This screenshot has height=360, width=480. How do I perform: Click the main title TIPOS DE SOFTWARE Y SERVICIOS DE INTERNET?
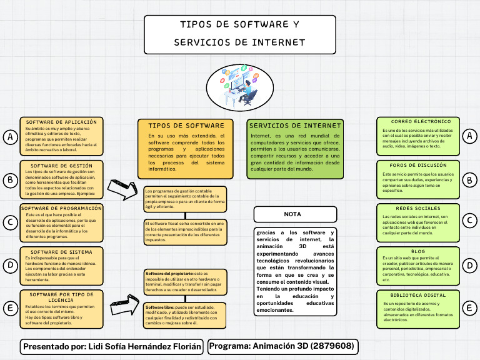[239, 34]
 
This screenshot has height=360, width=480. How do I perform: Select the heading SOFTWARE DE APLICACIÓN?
[61, 122]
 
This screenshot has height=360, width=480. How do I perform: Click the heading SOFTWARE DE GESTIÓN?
[61, 166]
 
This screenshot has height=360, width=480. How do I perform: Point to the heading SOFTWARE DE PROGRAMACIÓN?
[61, 208]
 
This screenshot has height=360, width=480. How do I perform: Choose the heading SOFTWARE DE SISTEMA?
[61, 252]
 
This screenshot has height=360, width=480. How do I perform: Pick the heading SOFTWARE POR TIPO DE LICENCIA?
[61, 297]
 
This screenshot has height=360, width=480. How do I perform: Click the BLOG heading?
[418, 251]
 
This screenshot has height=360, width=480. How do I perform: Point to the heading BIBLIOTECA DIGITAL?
[418, 294]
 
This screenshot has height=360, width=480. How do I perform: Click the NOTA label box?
[292, 214]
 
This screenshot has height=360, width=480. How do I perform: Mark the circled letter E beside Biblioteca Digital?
[469, 307]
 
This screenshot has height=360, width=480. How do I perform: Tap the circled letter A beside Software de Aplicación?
[10, 137]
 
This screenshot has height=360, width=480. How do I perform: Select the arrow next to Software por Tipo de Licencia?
[124, 307]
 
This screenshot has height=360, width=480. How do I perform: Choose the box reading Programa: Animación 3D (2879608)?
[282, 346]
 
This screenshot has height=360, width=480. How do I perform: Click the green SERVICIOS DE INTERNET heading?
[295, 126]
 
